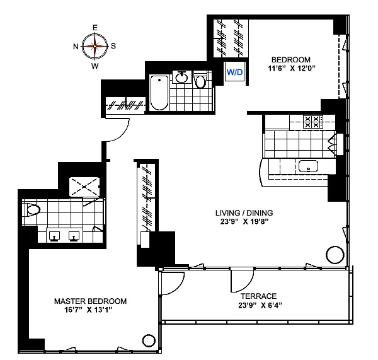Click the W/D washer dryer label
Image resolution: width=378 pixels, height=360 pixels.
[x=234, y=72]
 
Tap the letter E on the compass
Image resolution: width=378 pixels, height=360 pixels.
[x=95, y=28]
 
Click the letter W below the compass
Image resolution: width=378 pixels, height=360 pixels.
[x=95, y=66]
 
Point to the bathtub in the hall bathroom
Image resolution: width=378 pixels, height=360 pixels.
[x=159, y=93]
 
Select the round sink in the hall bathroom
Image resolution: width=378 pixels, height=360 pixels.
[x=181, y=77]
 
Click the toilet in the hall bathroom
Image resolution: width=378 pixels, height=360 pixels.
[x=200, y=80]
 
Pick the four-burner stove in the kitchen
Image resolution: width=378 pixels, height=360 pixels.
[x=312, y=122]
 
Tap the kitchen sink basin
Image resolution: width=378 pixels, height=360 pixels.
[x=308, y=166]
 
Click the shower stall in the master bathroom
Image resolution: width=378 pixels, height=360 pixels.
[x=84, y=187]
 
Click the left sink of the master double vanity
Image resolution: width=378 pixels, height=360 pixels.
[x=54, y=236]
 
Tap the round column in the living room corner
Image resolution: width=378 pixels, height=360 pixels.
[x=335, y=255]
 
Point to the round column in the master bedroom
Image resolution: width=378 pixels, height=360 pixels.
[x=149, y=340]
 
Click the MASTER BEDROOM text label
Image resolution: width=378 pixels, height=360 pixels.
[x=90, y=301]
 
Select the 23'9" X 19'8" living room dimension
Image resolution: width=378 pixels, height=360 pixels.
[x=244, y=221]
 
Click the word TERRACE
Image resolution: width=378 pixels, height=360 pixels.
[x=259, y=296]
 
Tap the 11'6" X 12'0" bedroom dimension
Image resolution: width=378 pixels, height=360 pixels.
[x=292, y=68]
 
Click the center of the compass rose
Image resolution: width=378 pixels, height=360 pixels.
[x=94, y=46]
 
